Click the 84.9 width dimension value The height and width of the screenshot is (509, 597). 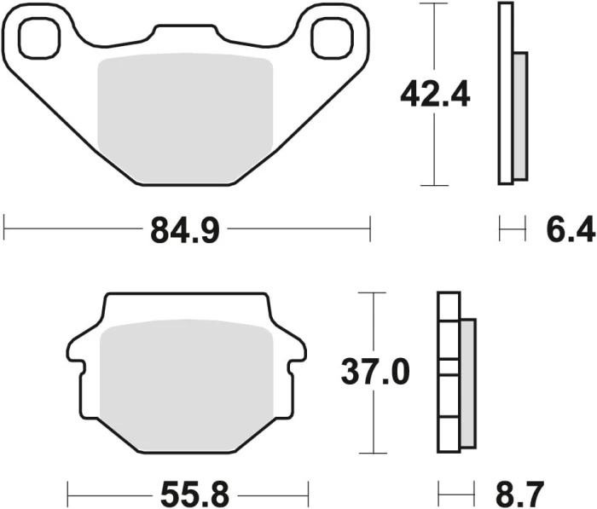click(185, 229)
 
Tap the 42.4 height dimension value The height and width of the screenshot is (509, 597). click(435, 94)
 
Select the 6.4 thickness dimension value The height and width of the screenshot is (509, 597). click(571, 229)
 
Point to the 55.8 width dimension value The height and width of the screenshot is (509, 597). click(195, 495)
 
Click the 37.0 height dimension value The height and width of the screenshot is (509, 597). click(375, 372)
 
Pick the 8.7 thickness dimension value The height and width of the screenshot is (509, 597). click(519, 495)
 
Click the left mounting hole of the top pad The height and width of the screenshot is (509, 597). click(39, 39)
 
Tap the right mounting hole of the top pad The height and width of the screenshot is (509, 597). click(332, 39)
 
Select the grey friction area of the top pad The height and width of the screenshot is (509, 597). click(185, 118)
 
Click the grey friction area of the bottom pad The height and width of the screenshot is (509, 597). click(186, 385)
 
